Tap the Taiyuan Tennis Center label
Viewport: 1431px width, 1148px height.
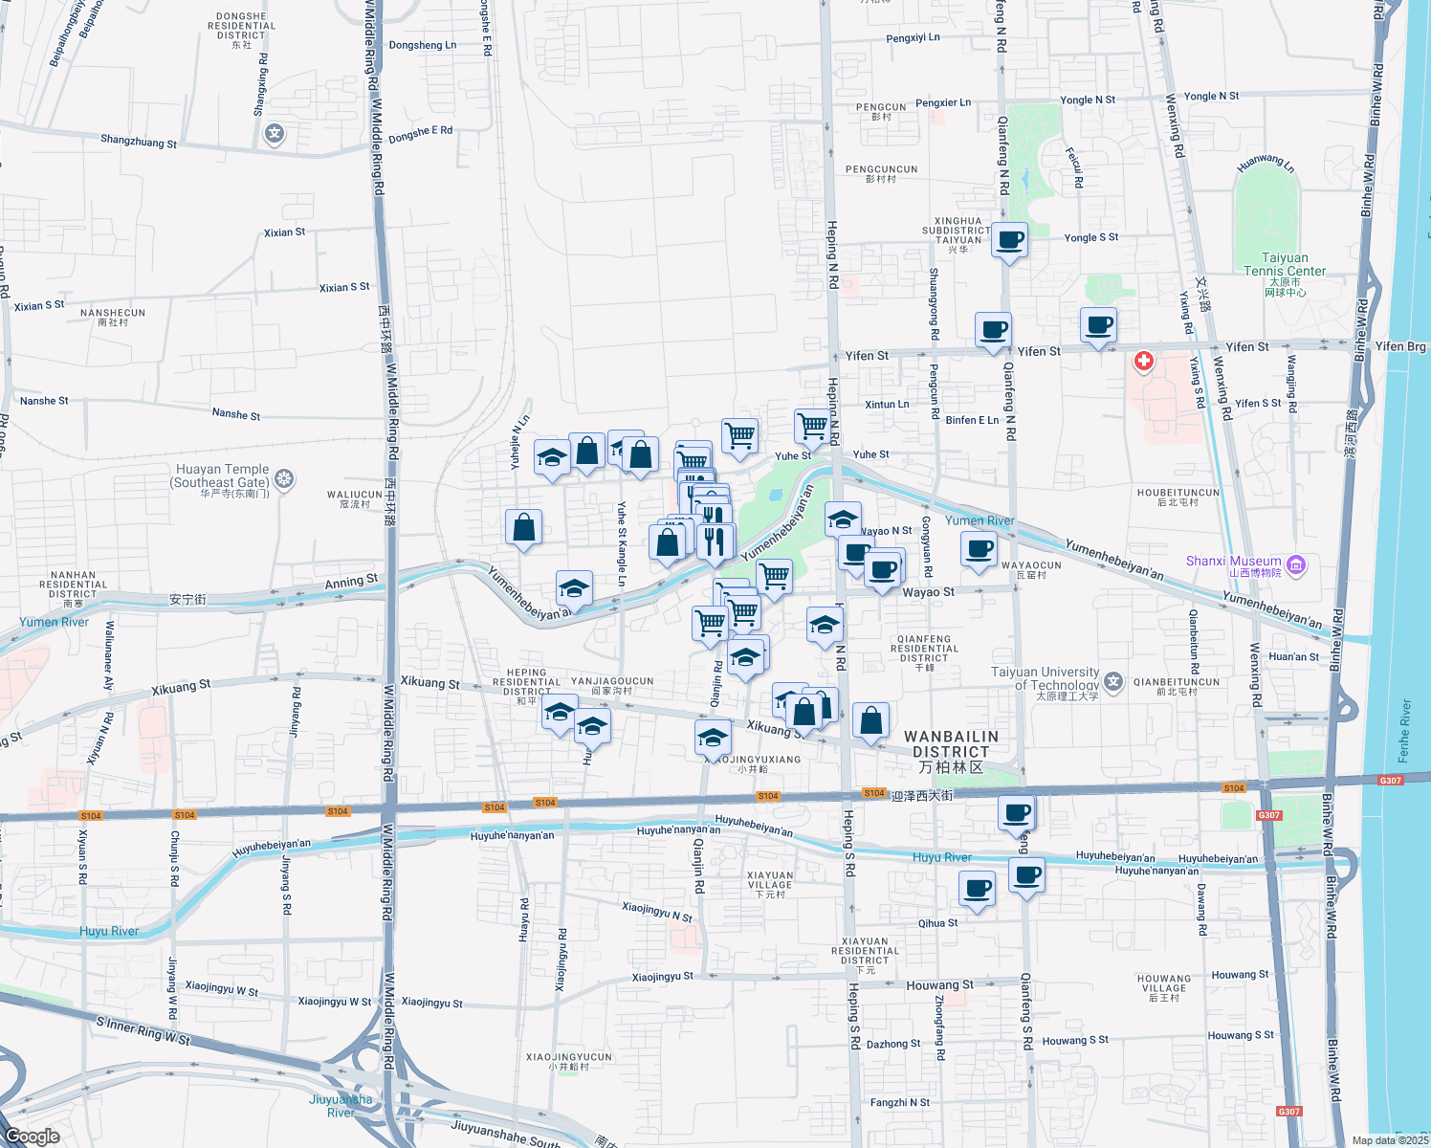point(1285,265)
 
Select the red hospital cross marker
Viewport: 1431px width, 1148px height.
point(1143,362)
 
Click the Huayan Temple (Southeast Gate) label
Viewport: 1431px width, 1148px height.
point(222,476)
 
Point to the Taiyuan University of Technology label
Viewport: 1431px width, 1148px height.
point(1045,679)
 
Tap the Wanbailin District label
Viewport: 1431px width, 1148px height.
point(951,744)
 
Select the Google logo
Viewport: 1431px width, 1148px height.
point(33,1136)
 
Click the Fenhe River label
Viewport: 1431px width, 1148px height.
point(1404,731)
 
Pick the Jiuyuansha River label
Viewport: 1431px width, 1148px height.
point(341,1105)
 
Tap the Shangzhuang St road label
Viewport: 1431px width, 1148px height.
point(139,142)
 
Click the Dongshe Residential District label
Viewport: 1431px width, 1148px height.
point(241,27)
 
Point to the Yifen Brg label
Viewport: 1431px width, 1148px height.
point(1400,346)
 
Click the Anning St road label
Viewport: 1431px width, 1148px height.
point(351,582)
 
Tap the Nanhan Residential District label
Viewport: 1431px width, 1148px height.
point(74,585)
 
